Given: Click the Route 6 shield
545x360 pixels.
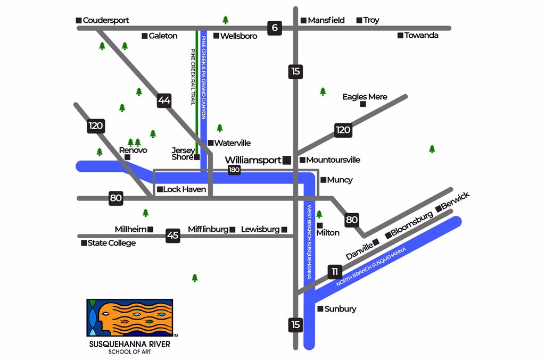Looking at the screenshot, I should point(274,28).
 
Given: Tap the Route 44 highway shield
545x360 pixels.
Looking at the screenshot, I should point(164,101).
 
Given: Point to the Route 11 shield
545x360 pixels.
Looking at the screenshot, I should point(334,272).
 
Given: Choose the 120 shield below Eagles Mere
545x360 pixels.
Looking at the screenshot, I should point(343,130).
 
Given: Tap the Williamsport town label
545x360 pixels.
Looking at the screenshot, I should point(253,160).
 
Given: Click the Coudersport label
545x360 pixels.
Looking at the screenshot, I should point(106,20).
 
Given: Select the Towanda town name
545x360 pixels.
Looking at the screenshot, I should point(421,36).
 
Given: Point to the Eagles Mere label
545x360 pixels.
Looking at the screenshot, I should point(365,97).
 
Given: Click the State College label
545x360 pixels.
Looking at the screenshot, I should point(111,243).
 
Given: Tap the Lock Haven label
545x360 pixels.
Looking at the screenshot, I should point(184,189).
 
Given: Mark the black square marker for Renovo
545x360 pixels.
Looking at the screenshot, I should point(127,157).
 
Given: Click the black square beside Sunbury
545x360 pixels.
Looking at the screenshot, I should point(320,309).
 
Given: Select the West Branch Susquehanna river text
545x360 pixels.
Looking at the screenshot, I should point(309,242).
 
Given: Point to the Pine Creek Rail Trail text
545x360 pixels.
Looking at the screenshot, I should point(193,77).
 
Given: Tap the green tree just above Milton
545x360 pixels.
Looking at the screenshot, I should point(319,214).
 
